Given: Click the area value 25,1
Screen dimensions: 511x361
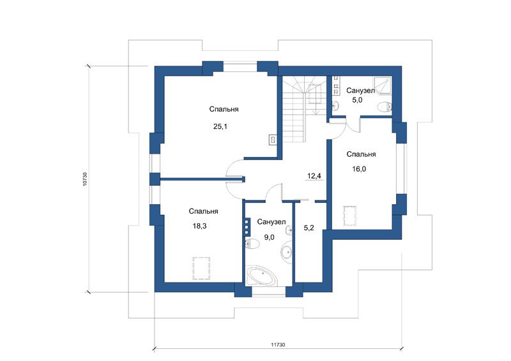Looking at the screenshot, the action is click(x=220, y=126).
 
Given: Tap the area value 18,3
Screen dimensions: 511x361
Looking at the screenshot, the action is click(x=199, y=226).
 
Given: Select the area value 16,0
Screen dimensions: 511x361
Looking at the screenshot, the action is click(x=359, y=169).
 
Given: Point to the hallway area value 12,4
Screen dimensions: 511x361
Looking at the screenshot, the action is click(x=314, y=176).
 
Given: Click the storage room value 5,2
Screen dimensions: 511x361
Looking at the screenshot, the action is click(x=309, y=228).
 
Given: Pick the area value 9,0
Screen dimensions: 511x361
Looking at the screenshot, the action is click(x=269, y=237).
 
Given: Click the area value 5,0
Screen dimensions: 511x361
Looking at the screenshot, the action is click(x=357, y=100).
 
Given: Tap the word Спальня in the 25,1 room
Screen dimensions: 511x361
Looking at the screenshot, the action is click(x=224, y=109).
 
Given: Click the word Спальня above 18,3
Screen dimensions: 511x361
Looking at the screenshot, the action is click(x=203, y=212).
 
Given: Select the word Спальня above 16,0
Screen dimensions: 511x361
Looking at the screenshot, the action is click(x=361, y=154).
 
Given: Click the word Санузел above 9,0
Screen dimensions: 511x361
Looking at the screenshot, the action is click(x=271, y=222).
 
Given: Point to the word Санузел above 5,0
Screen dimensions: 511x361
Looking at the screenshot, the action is click(x=360, y=91).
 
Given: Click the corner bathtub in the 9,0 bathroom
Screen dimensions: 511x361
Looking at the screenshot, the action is click(x=262, y=276).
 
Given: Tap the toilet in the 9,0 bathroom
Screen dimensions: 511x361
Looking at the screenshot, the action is click(x=252, y=244).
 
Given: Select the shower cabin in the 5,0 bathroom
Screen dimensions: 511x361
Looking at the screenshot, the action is click(x=382, y=85).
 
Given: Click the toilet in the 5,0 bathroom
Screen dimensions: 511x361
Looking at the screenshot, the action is click(x=385, y=107).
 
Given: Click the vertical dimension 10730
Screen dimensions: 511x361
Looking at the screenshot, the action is click(x=85, y=179).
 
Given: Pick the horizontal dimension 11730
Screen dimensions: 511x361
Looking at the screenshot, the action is click(x=278, y=344).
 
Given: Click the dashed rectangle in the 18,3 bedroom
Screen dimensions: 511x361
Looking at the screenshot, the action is click(x=201, y=269).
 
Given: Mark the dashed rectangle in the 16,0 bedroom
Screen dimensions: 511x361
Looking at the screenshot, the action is click(x=349, y=216).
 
